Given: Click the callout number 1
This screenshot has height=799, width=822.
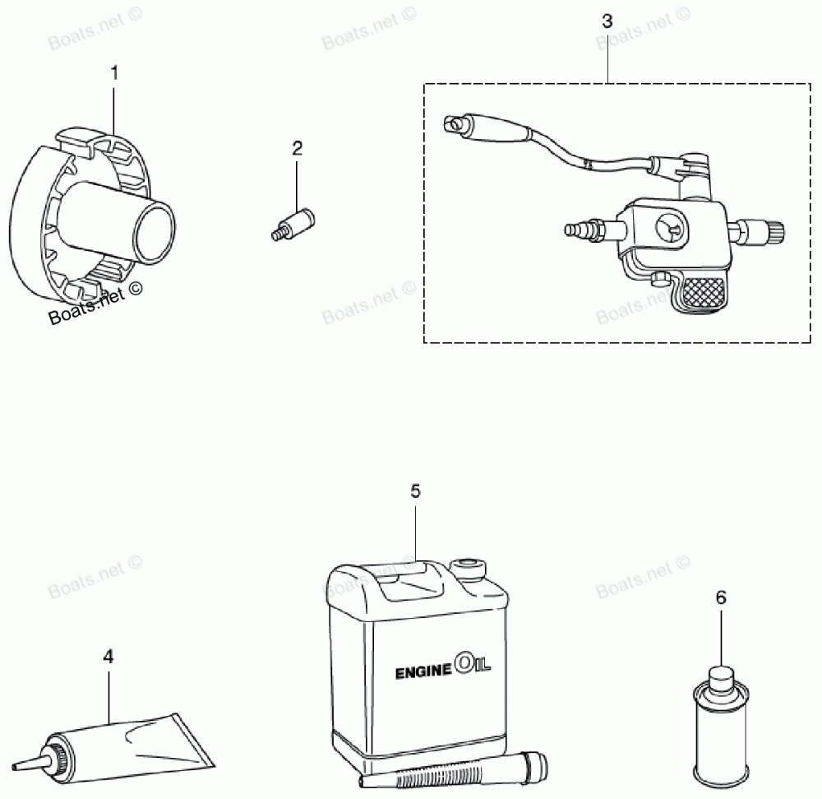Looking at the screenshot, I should click(x=114, y=73).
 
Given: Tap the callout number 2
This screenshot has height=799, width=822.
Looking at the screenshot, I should click(x=298, y=148).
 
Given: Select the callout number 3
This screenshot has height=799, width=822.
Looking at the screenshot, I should click(x=607, y=21).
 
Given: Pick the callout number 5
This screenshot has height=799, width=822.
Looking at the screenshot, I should click(x=415, y=491).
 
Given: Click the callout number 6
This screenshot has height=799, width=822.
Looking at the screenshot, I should click(x=721, y=597).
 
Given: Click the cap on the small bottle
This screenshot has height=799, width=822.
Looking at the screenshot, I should click(x=721, y=678).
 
